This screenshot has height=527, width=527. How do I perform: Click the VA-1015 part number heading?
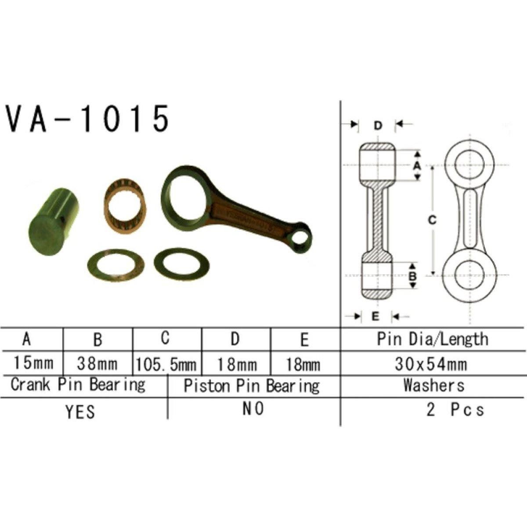[x=87, y=119]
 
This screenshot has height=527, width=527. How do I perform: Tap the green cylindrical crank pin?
[x=54, y=221]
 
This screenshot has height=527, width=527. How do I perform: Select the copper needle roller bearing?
[x=125, y=206]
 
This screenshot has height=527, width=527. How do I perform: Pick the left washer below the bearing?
[x=116, y=265]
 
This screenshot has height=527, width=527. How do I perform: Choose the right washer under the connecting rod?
[x=181, y=264]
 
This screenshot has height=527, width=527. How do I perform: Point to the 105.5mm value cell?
[x=166, y=365]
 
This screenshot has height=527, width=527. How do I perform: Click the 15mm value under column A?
[x=33, y=363]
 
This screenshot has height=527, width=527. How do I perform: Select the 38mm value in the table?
[x=97, y=364]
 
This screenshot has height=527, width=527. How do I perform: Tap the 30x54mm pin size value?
[x=431, y=364]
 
